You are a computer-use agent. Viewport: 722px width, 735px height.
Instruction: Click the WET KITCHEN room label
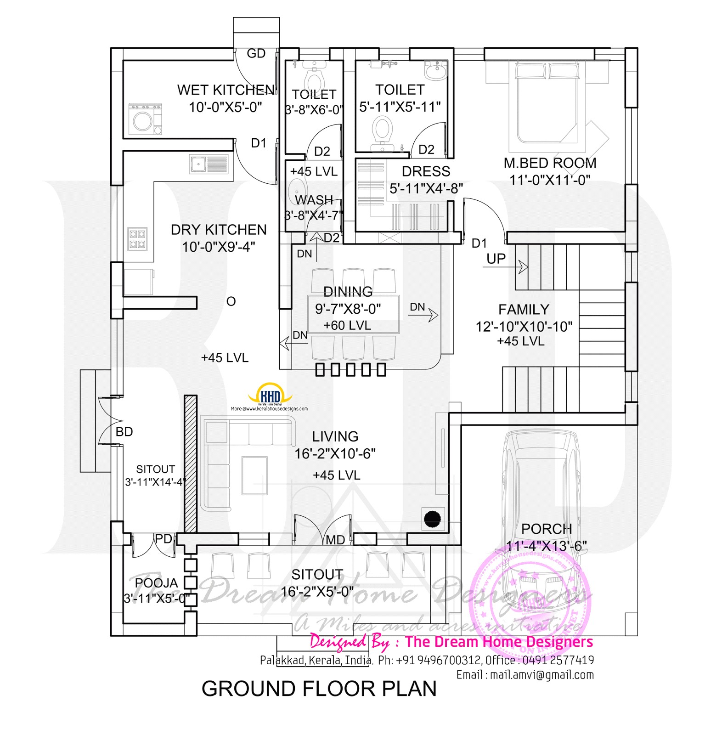coord(226,90)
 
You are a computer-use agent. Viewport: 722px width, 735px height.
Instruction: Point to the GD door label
coord(256,54)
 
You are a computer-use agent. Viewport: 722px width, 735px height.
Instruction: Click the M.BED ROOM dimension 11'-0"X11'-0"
coord(550,180)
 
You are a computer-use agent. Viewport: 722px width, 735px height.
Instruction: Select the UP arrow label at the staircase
coord(496,259)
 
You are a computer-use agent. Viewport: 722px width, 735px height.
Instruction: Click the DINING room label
coord(348,291)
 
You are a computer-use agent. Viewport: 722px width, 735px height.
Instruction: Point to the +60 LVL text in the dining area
coord(347,325)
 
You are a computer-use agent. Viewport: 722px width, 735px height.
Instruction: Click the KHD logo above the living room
coord(270,396)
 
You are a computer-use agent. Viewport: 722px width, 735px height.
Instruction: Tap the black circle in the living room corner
coord(433,519)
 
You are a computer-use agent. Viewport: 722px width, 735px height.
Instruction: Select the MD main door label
coord(335,540)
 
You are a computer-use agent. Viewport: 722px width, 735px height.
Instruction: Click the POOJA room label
coord(156,583)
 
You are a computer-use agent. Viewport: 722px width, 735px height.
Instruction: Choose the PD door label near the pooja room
coord(163,539)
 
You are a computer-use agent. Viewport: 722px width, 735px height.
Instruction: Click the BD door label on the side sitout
coord(124,432)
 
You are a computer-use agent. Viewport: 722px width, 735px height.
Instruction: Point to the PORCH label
coord(546,529)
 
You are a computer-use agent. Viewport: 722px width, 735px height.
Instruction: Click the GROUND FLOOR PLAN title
coord(319,689)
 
